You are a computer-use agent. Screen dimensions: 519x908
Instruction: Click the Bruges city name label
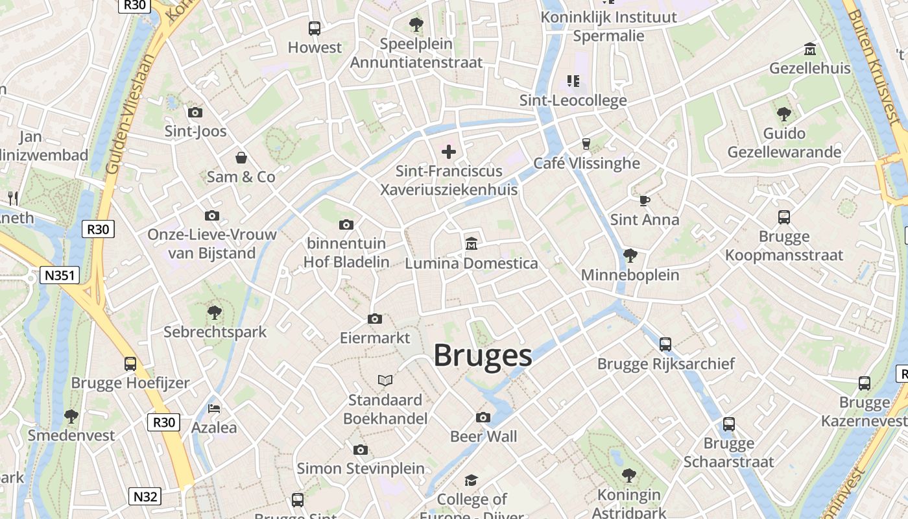point(483,356)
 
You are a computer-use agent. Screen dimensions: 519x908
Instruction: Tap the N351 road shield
point(60,275)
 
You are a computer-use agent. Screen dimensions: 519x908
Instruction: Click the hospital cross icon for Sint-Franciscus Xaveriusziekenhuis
point(448,152)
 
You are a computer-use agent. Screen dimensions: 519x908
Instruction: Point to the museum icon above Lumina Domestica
point(472,244)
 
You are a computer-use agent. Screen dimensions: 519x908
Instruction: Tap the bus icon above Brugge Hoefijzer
point(130,363)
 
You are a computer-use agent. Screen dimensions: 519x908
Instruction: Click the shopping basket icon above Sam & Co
point(241,158)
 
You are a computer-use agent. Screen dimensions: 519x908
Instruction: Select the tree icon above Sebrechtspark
point(215,313)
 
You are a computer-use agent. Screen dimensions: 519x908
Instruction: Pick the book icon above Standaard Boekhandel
point(385,380)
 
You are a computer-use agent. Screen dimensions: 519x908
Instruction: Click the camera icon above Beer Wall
point(483,417)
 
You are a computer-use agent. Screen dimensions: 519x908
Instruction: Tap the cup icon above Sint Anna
point(644,200)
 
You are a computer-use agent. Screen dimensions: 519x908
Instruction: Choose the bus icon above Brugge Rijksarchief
point(665,344)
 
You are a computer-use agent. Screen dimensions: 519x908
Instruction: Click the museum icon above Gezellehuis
point(809,49)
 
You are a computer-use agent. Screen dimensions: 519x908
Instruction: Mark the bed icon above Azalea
point(214,408)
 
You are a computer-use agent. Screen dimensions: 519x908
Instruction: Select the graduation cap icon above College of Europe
point(472,480)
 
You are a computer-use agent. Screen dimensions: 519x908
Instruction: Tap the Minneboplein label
point(630,275)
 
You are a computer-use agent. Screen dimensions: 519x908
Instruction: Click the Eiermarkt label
point(375,338)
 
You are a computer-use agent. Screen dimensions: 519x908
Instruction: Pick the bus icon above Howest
point(315,28)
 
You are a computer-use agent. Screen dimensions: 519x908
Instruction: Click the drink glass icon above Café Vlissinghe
point(586,143)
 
